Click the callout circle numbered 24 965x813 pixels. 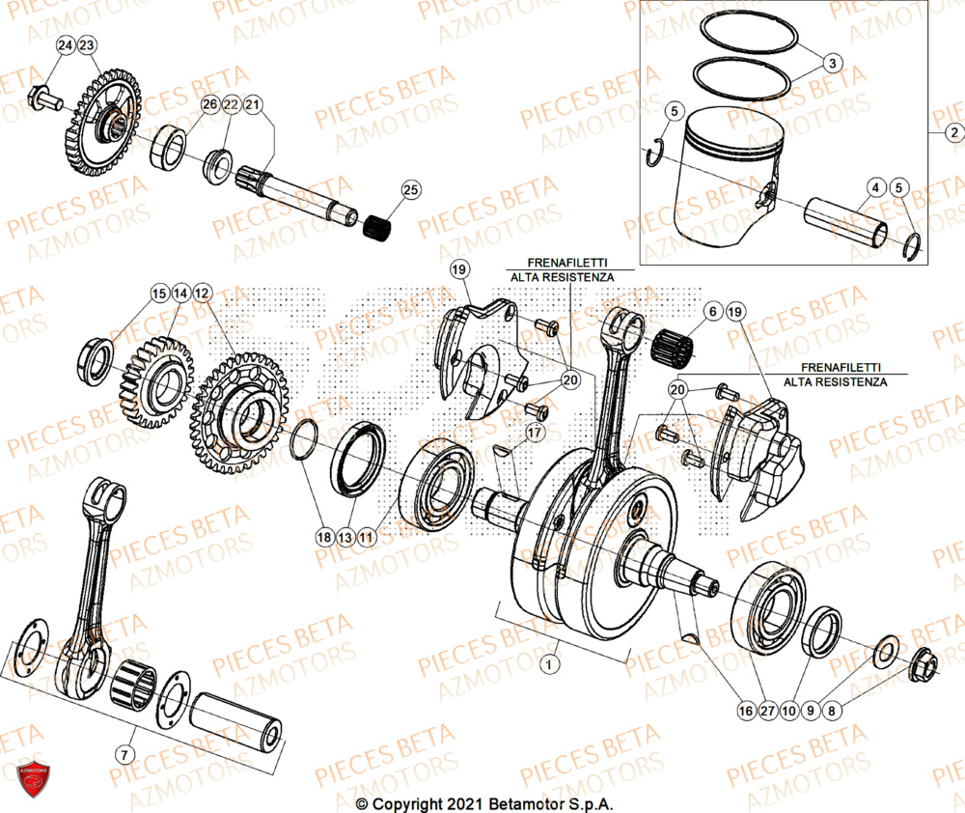click(x=65, y=46)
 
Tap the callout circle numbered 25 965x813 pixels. click(x=411, y=190)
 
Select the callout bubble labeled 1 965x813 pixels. click(x=549, y=664)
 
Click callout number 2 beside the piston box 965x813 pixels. click(x=952, y=132)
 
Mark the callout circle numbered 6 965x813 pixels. click(x=713, y=311)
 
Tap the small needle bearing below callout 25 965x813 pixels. click(x=379, y=227)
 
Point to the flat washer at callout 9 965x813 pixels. click(x=885, y=651)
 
